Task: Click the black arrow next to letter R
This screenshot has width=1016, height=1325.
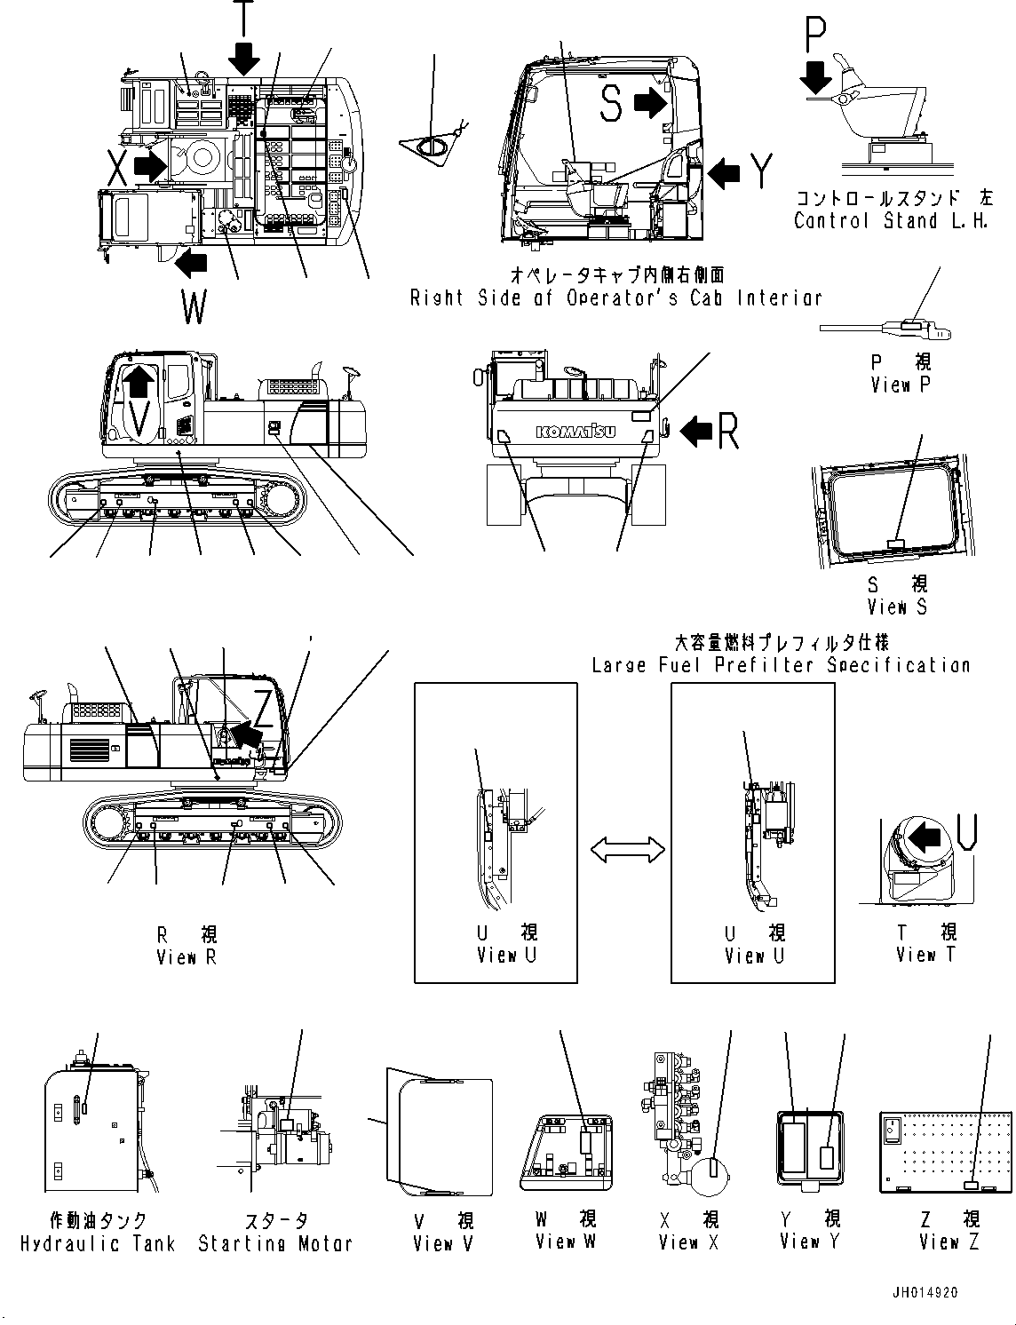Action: point(696,431)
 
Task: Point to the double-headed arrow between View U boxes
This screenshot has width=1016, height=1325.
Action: point(628,850)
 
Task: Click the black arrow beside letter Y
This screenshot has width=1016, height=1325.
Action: point(724,172)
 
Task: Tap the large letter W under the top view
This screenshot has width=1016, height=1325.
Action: point(194,308)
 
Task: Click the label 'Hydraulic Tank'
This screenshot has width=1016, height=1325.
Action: point(98,1244)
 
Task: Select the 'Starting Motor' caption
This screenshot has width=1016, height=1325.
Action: point(275,1244)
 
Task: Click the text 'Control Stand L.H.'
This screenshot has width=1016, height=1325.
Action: point(891,221)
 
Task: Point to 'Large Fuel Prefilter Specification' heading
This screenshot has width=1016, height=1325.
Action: point(781,665)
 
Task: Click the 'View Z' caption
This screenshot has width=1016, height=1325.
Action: point(949,1242)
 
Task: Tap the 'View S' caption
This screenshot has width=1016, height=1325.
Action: point(897,607)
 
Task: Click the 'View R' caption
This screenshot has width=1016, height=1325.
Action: point(186,957)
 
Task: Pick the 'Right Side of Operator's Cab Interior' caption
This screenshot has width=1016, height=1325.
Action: point(615,298)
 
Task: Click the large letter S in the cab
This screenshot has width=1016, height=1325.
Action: point(610,104)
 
